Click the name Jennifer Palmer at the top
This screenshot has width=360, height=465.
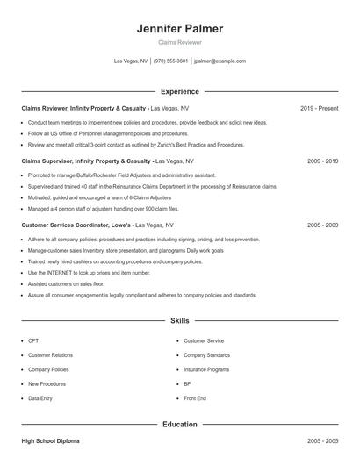179,29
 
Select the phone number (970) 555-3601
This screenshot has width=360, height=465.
170,61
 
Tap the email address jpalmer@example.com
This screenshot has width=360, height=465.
220,61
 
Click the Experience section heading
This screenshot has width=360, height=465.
179,91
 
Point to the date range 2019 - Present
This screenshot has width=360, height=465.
319,108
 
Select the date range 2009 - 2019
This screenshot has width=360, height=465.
322,161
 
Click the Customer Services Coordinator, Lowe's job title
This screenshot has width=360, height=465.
76,225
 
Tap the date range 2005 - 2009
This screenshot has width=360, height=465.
322,225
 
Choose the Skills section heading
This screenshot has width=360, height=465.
179,321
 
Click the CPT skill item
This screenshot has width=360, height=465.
33,340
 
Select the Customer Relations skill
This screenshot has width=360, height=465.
50,355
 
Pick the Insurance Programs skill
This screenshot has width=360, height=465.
206,369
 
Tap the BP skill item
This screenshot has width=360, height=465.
187,383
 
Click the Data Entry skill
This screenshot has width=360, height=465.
40,398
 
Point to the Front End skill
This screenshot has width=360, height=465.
194,398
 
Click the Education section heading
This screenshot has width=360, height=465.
179,425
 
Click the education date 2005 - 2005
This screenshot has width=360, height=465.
322,440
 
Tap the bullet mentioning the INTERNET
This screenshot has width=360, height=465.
89,272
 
